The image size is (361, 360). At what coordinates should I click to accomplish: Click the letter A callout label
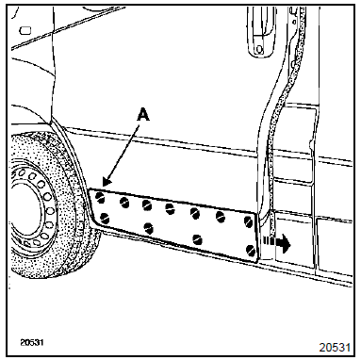[x=143, y=114]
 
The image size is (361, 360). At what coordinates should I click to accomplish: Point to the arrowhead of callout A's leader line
[x=106, y=183]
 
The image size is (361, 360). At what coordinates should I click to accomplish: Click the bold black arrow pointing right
[x=277, y=242]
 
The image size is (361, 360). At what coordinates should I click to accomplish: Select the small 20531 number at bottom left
[x=32, y=342]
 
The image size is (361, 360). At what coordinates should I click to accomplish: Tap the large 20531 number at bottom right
[x=335, y=347]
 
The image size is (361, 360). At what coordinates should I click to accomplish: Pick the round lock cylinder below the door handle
[x=259, y=49]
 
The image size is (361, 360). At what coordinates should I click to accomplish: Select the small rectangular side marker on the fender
[x=25, y=30]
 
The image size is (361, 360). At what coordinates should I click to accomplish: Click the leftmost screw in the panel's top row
[x=101, y=197]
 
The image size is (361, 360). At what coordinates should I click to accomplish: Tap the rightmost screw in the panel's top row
[x=249, y=221]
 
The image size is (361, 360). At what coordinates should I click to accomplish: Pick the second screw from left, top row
[x=124, y=203]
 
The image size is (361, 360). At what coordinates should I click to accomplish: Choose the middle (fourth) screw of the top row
[x=170, y=208]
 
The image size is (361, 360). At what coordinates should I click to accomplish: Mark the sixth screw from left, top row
[x=221, y=217]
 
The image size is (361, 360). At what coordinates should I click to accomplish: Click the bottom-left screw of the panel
[x=104, y=219]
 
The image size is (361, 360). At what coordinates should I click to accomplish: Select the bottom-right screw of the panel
[x=251, y=250]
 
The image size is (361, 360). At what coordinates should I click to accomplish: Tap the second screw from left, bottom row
[x=148, y=228]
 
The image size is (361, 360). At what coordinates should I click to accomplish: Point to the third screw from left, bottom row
[x=197, y=239]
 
